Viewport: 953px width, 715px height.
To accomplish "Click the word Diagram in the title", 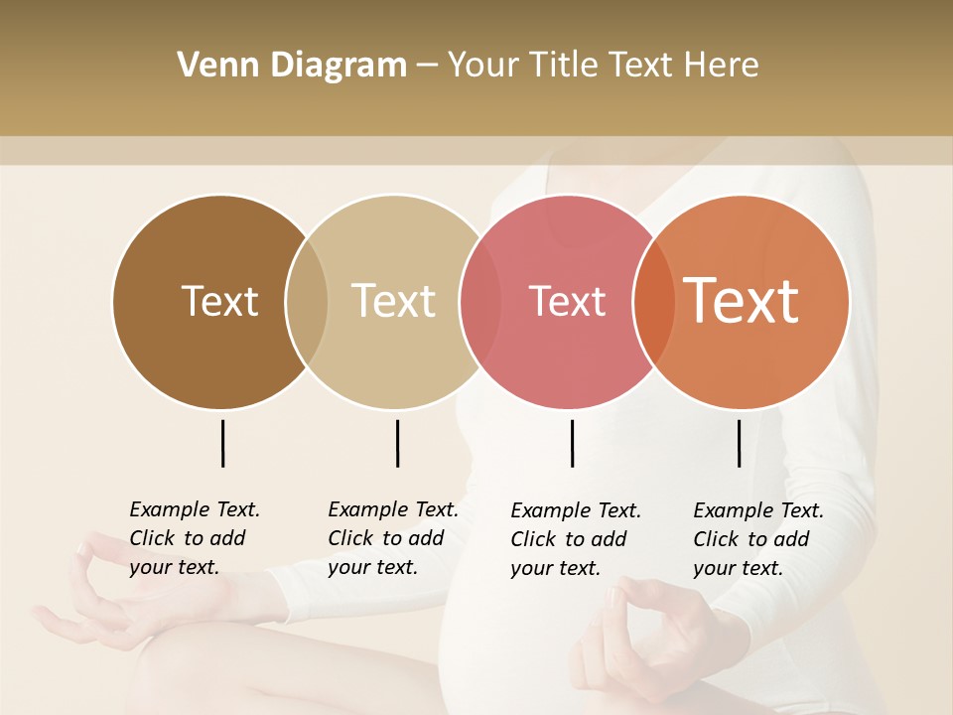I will click(x=338, y=66).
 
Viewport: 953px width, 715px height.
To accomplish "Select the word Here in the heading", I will click(x=722, y=66).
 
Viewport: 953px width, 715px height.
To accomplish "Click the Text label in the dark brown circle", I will click(x=219, y=301).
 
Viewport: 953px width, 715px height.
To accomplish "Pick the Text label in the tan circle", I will click(x=393, y=301).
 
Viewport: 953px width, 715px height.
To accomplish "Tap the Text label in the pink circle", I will click(x=567, y=301).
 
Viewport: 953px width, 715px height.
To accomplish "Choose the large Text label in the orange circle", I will click(x=741, y=301).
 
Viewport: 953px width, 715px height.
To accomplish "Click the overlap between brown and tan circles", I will click(x=307, y=301).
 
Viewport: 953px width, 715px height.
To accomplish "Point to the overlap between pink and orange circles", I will click(x=653, y=301).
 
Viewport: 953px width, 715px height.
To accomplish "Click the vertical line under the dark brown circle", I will click(x=222, y=443).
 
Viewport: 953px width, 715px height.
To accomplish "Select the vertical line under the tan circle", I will click(x=397, y=443).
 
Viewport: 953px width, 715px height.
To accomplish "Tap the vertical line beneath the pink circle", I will click(x=572, y=443).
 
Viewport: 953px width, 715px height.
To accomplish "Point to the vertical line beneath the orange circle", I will click(x=739, y=443).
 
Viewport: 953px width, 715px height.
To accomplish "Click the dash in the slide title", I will click(x=427, y=67).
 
